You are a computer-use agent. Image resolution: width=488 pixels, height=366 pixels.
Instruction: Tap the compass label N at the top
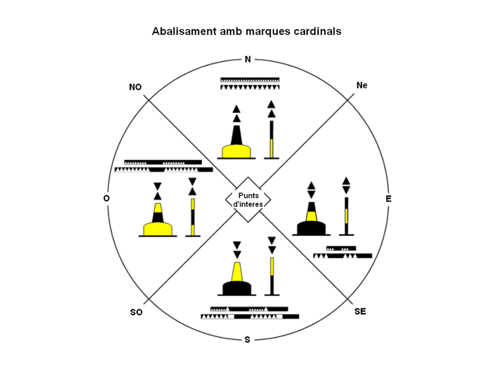coord(247,59)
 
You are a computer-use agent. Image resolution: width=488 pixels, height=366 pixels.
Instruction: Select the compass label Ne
coord(362,86)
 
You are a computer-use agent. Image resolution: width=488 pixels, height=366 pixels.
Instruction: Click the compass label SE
coord(360,312)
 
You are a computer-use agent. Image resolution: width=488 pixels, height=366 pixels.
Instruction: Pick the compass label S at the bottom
coord(247,339)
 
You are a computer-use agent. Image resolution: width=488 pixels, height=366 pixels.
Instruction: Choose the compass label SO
coord(136,312)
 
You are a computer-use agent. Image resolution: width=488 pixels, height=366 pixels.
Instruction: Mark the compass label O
coord(107,199)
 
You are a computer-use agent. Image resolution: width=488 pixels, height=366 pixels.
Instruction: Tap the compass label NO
coord(135,87)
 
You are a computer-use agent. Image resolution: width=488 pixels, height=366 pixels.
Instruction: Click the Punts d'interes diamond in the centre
coord(248,199)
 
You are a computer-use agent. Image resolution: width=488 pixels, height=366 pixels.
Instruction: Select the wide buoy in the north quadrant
coord(236,140)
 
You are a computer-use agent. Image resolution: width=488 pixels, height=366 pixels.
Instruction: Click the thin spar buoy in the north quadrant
coord(272,134)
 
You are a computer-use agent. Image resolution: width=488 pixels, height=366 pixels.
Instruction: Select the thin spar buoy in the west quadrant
coord(193,210)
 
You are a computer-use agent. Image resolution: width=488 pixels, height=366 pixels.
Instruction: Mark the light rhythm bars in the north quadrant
coord(249,84)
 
